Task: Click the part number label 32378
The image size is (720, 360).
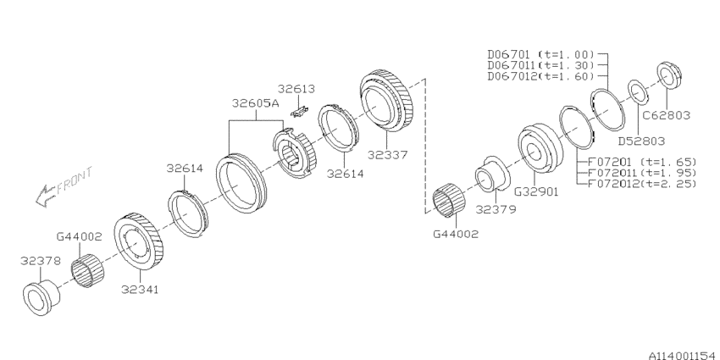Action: click(x=41, y=261)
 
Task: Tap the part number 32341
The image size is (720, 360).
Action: click(x=140, y=290)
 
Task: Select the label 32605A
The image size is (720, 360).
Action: click(x=255, y=103)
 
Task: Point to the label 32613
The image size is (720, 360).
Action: click(x=296, y=89)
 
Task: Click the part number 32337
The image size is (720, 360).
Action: click(x=388, y=155)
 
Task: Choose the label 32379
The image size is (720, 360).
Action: click(x=496, y=209)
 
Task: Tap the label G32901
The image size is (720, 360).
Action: click(x=536, y=191)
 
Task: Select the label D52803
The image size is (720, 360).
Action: click(x=641, y=141)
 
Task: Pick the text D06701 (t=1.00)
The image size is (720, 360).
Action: click(x=541, y=54)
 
